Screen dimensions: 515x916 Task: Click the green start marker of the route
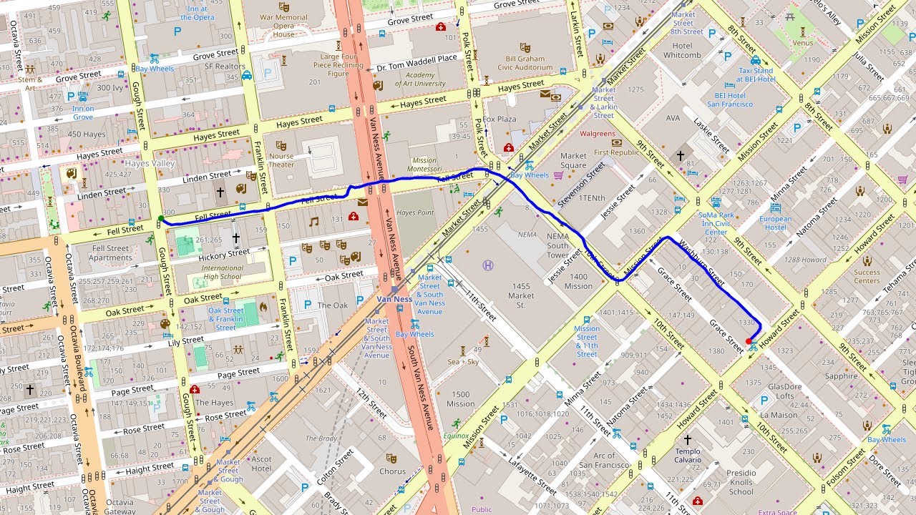(160, 218)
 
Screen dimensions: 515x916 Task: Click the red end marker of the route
(749, 341)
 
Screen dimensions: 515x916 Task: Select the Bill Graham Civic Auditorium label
(530, 64)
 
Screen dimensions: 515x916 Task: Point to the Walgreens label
(598, 134)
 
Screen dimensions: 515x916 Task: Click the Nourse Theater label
(281, 160)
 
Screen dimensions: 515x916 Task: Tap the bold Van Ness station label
(395, 298)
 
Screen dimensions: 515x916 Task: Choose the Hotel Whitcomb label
(682, 50)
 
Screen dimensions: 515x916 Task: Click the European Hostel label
(776, 223)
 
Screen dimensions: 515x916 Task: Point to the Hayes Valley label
(150, 164)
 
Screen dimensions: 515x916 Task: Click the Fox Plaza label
(500, 119)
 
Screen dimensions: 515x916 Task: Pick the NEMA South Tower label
(558, 245)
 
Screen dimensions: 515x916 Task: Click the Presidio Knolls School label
(741, 482)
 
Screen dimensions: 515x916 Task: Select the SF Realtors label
(225, 67)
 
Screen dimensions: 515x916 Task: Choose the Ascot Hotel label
(261, 464)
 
